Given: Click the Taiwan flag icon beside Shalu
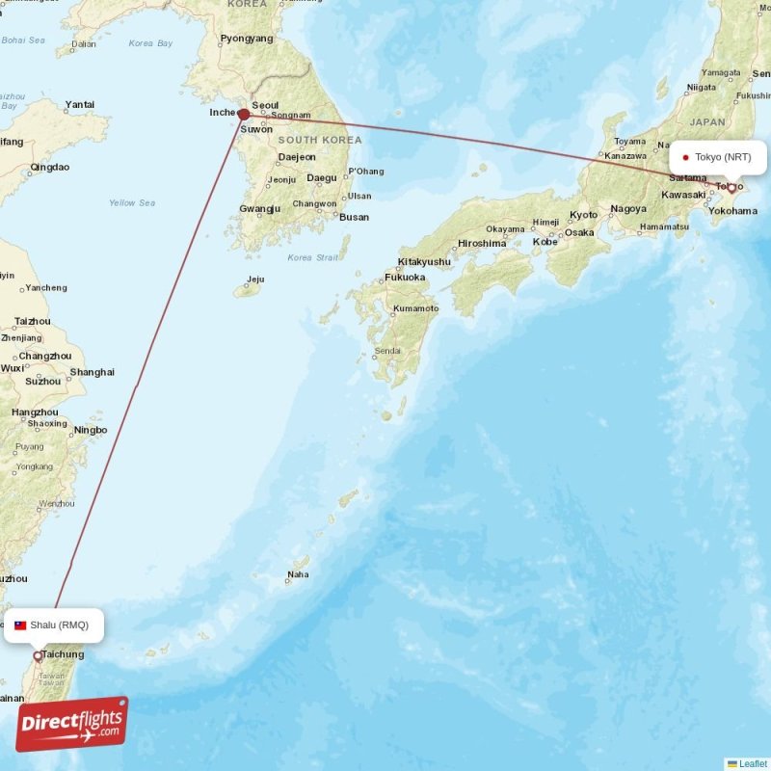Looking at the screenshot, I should [20, 625].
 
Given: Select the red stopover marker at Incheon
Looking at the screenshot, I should [244, 114].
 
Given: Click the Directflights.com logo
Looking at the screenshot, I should [71, 724].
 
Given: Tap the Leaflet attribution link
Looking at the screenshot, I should [753, 763].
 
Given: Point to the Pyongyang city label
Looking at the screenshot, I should [248, 40].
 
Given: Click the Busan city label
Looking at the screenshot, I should [354, 217].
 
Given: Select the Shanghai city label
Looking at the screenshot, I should [93, 372].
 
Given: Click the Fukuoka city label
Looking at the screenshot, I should [405, 278].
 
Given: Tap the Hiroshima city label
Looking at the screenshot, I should [482, 244].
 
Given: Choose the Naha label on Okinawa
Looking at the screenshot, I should [298, 576].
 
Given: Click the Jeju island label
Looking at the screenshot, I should [255, 280].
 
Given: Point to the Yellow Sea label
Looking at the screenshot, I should [132, 203].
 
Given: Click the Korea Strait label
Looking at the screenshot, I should [313, 257].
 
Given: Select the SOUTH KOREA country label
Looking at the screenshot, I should [321, 140].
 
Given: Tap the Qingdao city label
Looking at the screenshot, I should [50, 167].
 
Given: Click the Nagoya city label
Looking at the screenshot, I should [628, 208].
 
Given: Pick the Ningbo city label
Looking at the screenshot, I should [91, 430].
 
